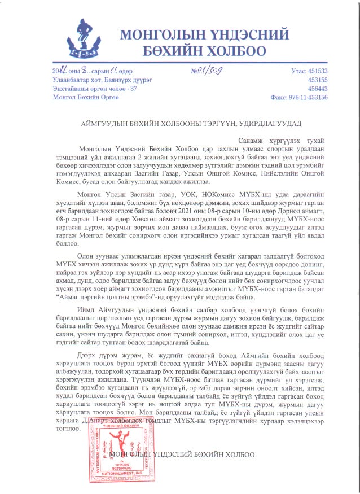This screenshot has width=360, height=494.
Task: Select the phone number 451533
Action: (316, 71)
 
